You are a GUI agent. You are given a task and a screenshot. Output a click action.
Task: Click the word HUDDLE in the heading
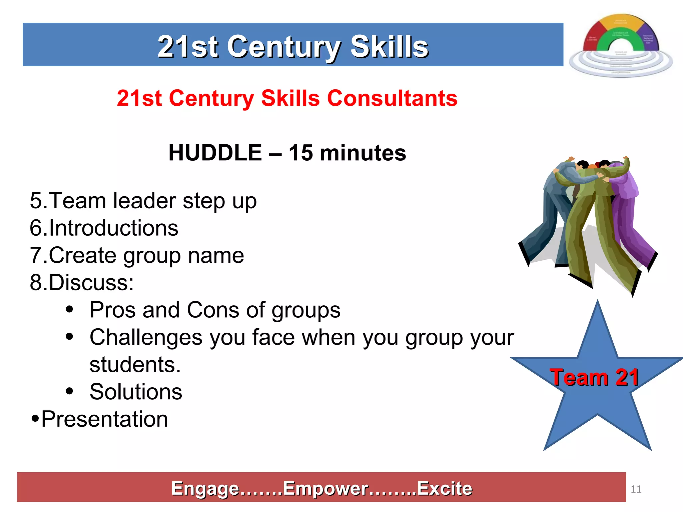215,153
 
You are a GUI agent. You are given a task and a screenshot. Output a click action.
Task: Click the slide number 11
636,489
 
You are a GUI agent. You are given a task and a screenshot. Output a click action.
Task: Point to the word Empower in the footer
325,489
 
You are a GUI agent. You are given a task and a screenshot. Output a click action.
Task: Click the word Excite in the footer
445,489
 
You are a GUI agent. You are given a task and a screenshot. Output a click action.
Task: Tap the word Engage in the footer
205,489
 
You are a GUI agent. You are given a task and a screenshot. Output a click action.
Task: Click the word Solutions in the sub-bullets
136,392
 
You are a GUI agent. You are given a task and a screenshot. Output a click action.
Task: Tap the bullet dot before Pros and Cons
69,310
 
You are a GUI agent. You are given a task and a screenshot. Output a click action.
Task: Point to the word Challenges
146,337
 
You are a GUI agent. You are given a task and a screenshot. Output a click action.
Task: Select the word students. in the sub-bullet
135,364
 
